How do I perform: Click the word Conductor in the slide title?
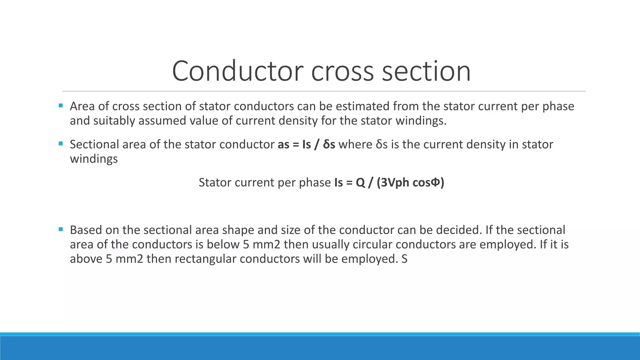pos(237,71)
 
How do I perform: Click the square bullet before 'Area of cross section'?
pos(61,106)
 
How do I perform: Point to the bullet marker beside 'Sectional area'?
pos(61,144)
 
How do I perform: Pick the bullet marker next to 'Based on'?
pos(61,229)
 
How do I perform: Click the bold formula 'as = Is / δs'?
pos(306,144)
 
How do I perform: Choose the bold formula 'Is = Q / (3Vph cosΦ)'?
pos(389,182)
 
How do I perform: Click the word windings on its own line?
pos(94,159)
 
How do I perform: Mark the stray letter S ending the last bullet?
pos(404,259)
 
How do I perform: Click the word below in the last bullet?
pos(223,244)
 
